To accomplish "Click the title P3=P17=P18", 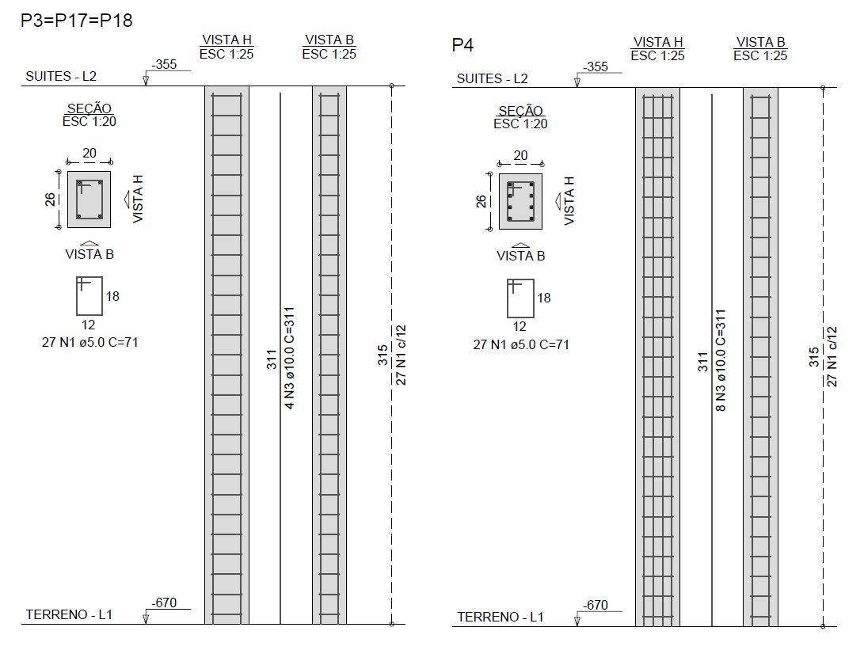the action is coord(77,21).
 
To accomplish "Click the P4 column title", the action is coord(462,44).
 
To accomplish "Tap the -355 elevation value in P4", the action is coord(596,67).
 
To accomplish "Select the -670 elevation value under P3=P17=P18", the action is coord(164,602).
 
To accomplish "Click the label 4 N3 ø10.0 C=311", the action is coord(289,358).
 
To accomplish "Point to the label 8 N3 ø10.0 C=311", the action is coord(720,360).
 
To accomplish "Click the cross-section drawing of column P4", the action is coord(521,202).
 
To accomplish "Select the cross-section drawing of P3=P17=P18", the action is coord(89,200).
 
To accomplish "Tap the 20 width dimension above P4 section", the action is coord(521,155).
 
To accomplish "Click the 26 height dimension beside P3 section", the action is coord(50,199).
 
